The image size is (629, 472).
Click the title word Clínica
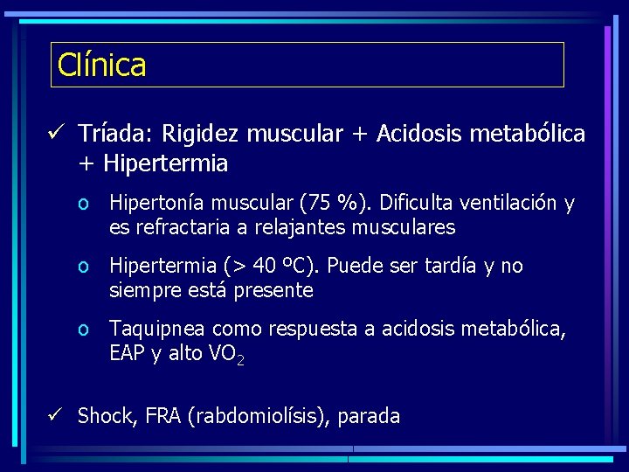pos(101,65)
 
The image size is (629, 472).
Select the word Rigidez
pos(197,134)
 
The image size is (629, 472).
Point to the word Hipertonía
pos(157,204)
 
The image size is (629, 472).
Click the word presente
pos(274,290)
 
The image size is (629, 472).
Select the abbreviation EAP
pos(127,353)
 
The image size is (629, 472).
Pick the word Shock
pos(103,417)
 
